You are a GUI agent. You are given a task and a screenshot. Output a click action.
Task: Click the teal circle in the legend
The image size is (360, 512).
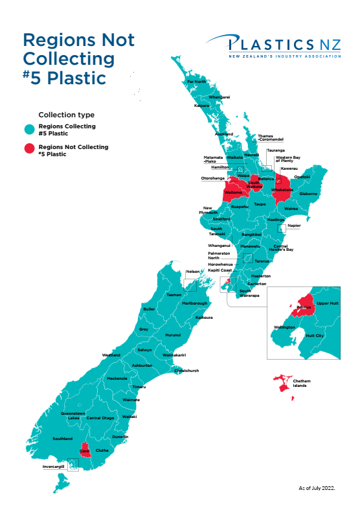click(29, 129)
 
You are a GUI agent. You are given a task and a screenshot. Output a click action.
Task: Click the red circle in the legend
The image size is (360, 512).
click(29, 150)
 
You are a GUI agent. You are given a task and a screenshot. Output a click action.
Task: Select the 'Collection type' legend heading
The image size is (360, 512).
click(66, 115)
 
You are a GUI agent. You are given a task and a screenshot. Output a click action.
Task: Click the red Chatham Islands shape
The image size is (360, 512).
click(282, 384)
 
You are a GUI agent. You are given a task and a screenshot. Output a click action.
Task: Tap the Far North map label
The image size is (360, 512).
click(196, 82)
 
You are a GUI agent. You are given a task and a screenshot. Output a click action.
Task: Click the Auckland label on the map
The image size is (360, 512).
click(223, 134)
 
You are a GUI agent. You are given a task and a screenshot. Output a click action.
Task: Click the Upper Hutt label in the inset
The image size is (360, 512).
click(328, 303)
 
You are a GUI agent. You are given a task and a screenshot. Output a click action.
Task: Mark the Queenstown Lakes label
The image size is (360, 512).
click(73, 415)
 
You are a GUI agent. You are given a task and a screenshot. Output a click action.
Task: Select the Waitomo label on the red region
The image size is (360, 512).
click(232, 192)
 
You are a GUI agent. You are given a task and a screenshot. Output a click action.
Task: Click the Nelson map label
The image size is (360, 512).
click(192, 272)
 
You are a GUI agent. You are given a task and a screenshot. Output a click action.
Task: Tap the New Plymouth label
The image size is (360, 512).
click(210, 210)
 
